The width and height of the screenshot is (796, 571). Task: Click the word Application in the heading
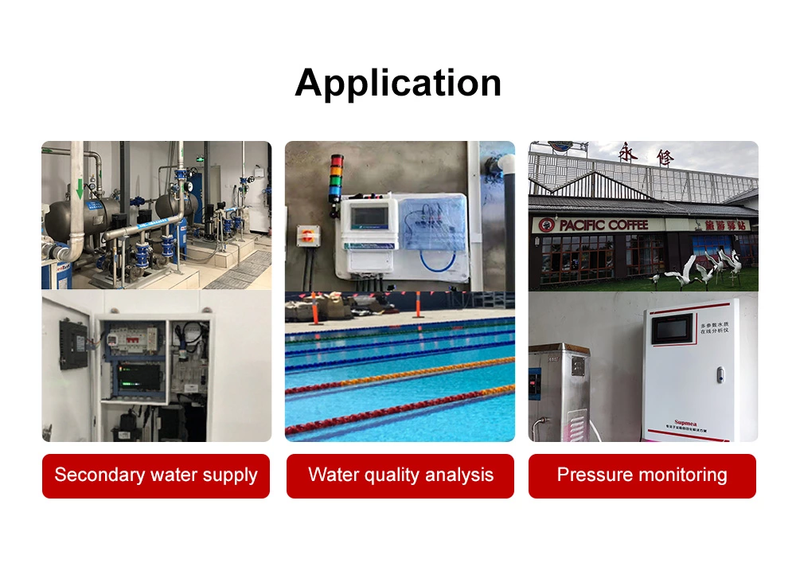pyautogui.click(x=398, y=83)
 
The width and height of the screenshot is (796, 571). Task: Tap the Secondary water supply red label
pyautogui.click(x=156, y=475)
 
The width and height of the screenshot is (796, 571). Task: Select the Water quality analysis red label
pyautogui.click(x=400, y=475)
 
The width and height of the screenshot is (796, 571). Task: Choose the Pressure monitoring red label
pyautogui.click(x=642, y=475)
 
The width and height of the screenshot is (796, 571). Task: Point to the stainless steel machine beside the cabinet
pyautogui.click(x=560, y=390)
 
